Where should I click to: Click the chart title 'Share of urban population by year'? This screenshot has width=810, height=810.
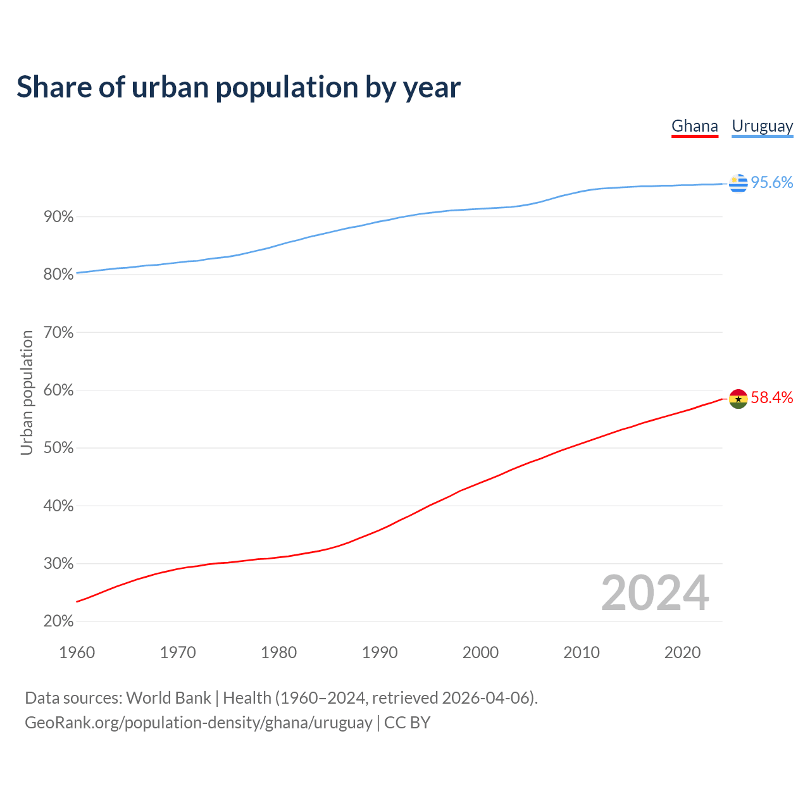pos(239,87)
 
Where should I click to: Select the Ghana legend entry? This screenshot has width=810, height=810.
pos(694,126)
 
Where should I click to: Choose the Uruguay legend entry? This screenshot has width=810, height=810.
pos(762,126)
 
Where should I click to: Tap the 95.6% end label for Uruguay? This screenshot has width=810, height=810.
pos(771,182)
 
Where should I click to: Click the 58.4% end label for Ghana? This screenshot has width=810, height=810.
pos(771,397)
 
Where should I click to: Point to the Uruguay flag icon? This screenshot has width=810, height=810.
pos(738,183)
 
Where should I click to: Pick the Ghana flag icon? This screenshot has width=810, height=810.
pos(738,399)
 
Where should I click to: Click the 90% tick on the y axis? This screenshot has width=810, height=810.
pos(59,217)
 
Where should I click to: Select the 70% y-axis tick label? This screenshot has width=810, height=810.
pos(59,332)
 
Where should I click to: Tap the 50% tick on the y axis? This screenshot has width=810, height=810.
pos(59,448)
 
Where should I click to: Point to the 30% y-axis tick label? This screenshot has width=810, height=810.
pos(59,564)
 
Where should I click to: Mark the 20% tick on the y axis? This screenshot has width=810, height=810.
pos(59,621)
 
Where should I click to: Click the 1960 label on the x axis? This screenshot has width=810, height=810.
pos(77,652)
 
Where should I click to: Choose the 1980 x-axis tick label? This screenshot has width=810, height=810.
pos(278,652)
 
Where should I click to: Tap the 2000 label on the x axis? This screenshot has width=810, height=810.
pos(480,652)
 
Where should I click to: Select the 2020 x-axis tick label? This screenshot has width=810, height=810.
pos(682,652)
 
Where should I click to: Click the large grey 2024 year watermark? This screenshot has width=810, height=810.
pos(655,593)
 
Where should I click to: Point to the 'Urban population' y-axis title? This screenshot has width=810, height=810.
pos(27,393)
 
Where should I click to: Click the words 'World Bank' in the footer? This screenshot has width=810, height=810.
pos(168,698)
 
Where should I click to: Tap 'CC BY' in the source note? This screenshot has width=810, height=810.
pos(407,723)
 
